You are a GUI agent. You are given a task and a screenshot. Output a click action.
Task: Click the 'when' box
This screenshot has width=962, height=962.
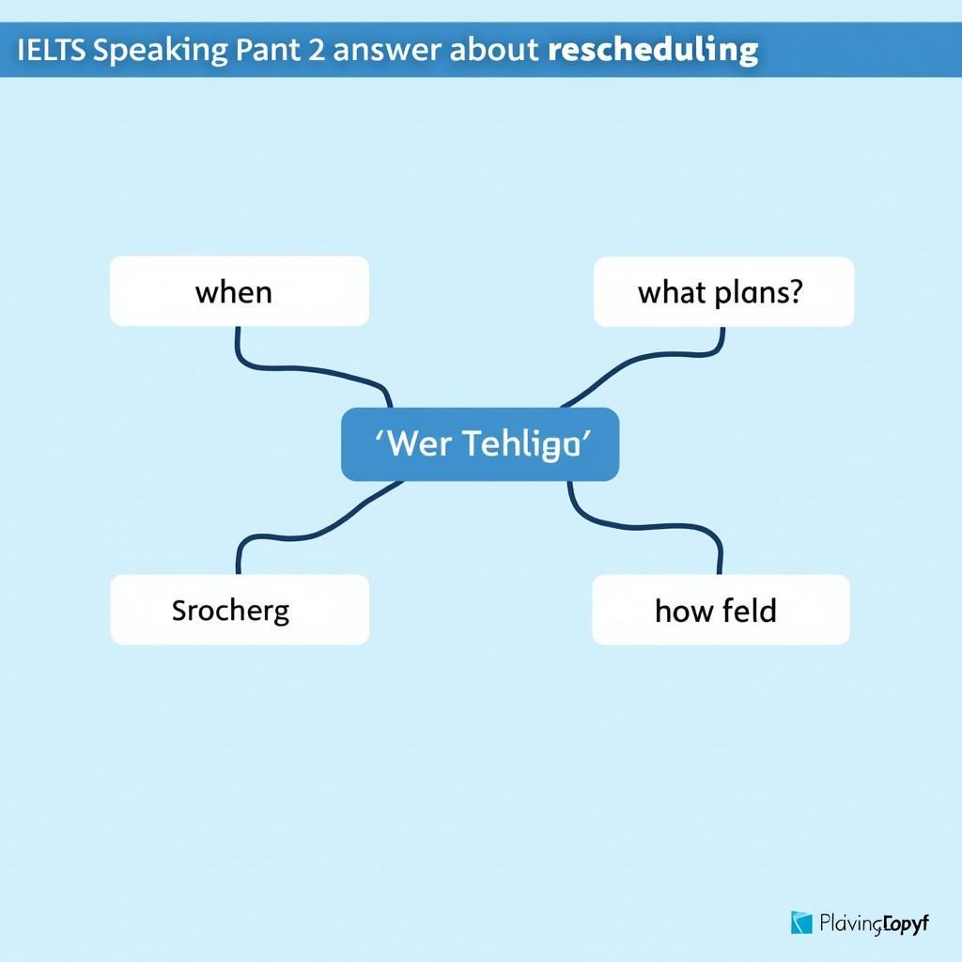[x=239, y=291]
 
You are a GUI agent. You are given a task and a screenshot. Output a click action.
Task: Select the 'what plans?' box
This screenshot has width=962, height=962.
[x=723, y=291]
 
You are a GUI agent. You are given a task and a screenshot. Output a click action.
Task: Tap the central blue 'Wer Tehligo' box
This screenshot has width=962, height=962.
[x=479, y=444]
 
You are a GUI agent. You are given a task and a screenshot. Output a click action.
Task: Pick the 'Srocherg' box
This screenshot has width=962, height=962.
[x=239, y=610]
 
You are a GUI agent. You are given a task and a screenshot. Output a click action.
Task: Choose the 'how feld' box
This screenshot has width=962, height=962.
[x=721, y=610]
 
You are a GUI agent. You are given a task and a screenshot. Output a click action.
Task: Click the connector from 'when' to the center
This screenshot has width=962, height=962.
[x=310, y=369]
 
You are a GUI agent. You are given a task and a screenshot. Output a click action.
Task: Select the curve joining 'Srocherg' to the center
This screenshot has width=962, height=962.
[x=310, y=526]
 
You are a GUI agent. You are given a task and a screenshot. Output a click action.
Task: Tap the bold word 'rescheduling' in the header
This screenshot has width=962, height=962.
[x=652, y=50]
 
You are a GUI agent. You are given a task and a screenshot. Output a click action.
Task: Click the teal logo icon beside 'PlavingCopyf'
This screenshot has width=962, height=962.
[x=801, y=923]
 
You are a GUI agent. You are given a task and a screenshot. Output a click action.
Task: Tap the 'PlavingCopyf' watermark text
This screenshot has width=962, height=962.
[x=874, y=923]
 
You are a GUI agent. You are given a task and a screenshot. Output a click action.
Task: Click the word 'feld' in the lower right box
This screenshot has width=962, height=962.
[x=749, y=611]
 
